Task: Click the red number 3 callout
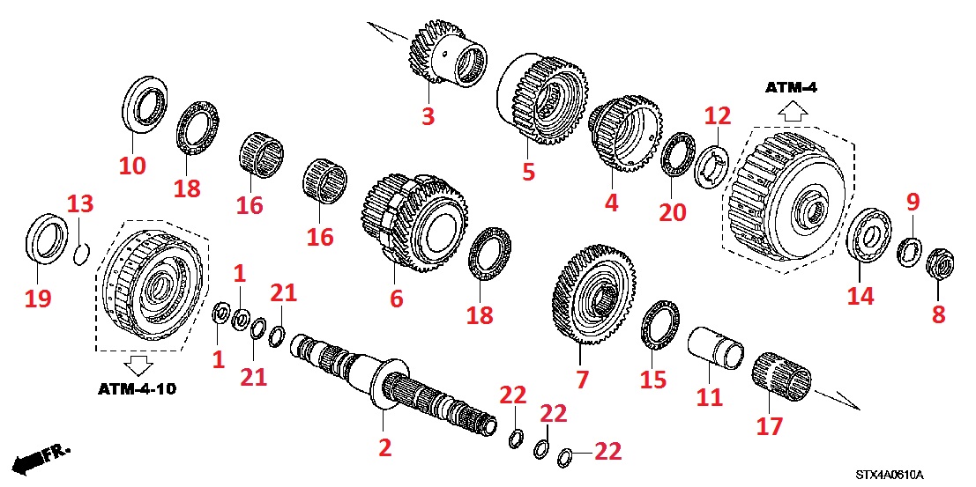click(428, 115)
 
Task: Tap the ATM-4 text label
click(792, 87)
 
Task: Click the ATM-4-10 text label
click(137, 388)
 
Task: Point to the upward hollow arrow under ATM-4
click(792, 111)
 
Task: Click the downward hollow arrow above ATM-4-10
click(138, 364)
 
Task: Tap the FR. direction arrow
click(40, 457)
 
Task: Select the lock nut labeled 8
click(936, 262)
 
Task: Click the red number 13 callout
click(79, 204)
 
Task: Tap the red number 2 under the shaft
click(384, 447)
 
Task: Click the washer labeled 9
click(909, 249)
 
